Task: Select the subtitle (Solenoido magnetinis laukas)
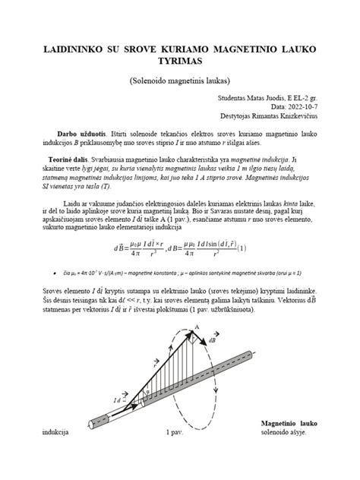pos(179,80)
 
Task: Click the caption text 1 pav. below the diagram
pos(177,434)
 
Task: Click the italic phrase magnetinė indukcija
pos(230,161)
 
